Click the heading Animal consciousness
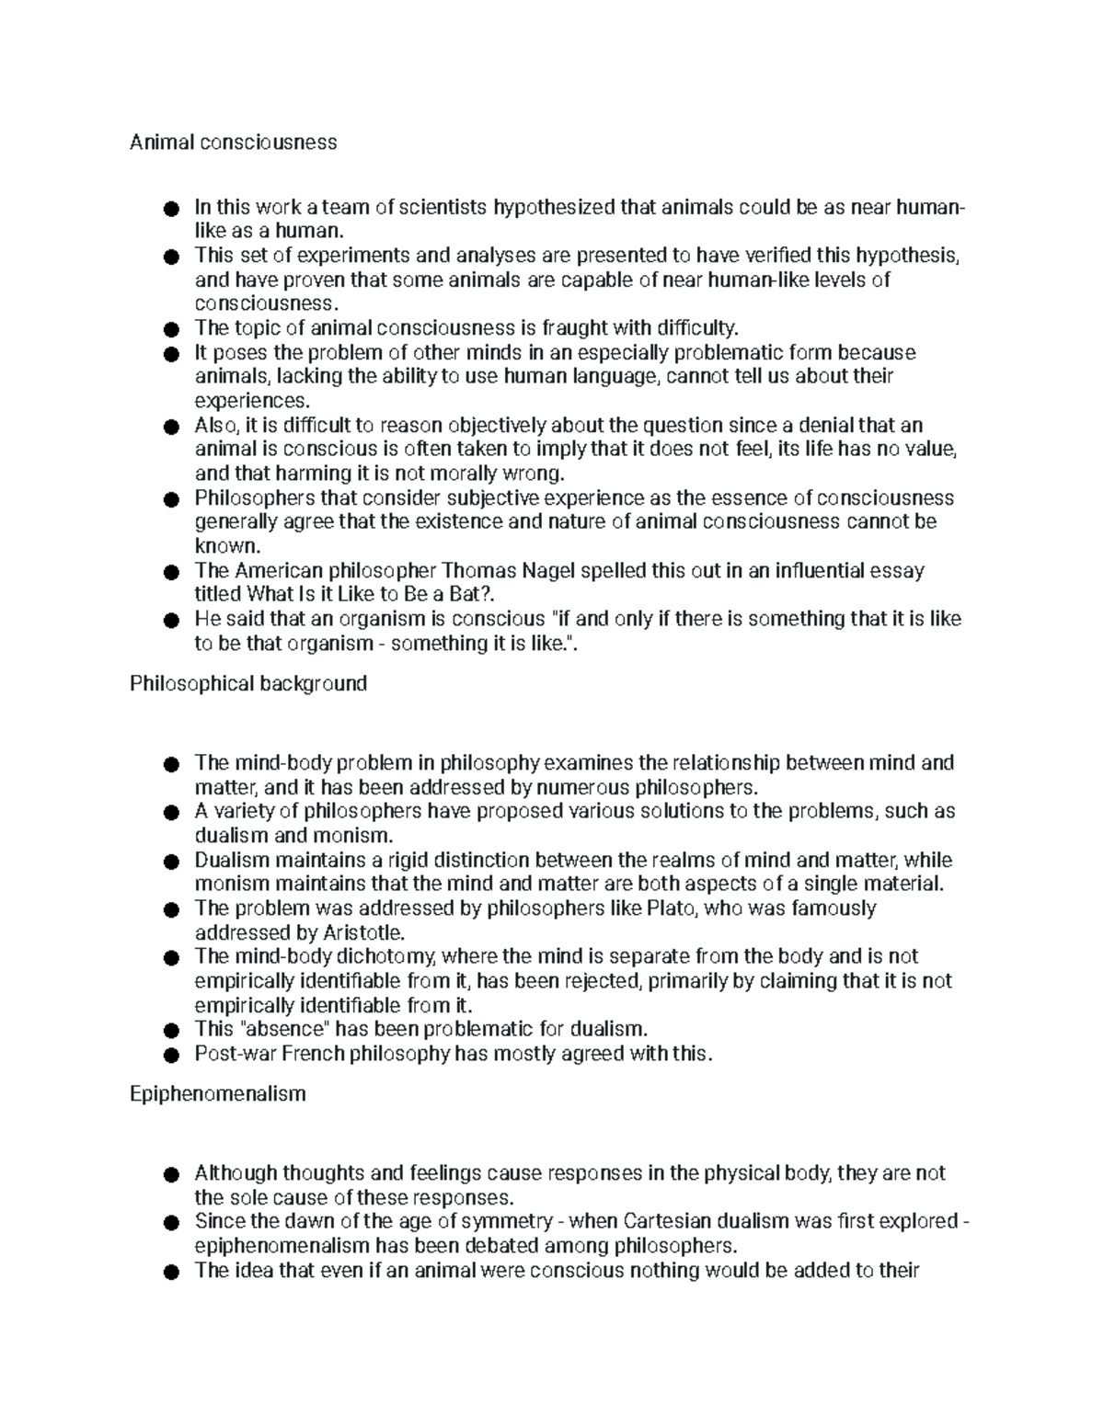(x=233, y=143)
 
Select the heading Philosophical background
(x=248, y=684)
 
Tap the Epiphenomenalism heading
(x=217, y=1095)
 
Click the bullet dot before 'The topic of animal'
(x=168, y=329)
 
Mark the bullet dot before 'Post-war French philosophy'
(x=168, y=1056)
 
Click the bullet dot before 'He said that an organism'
(x=168, y=621)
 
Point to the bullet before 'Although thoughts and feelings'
(x=168, y=1175)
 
